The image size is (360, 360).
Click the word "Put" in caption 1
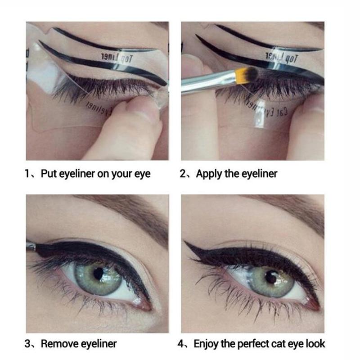tap(48, 174)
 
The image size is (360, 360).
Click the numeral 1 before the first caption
tap(28, 174)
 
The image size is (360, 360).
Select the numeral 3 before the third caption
tap(28, 344)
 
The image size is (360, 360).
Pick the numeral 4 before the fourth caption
tap(181, 344)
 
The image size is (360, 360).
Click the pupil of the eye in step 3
tap(98, 273)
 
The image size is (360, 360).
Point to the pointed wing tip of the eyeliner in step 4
tap(185, 243)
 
